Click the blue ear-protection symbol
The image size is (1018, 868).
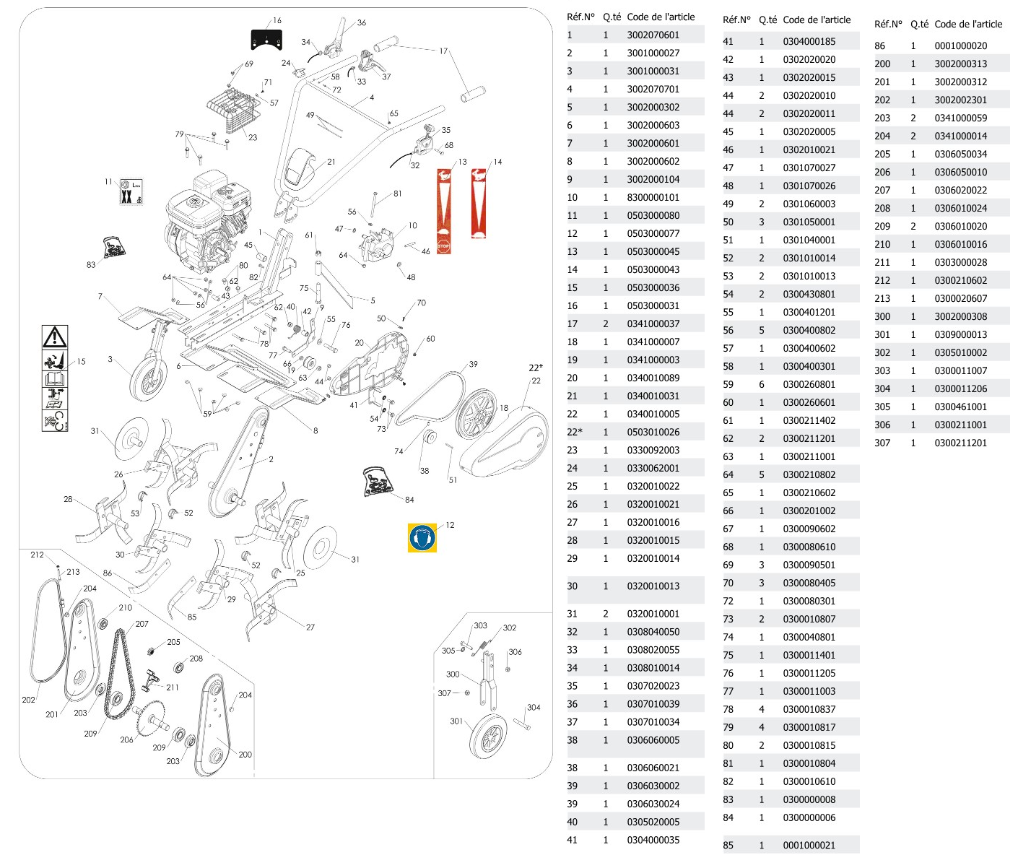pos(422,538)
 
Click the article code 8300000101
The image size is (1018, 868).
pos(653,197)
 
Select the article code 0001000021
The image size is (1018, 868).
pos(809,845)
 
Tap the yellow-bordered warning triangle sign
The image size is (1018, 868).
pos(55,337)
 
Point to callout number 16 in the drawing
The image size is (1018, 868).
pos(277,21)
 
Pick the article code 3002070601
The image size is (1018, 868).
pos(653,35)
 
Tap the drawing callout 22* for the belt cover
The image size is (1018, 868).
pos(535,368)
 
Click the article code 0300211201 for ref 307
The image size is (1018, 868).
pos(960,443)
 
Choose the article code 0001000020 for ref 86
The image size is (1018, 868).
pos(960,45)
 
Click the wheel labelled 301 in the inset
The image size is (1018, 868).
pos(489,737)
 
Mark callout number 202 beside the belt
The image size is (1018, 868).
pos(28,700)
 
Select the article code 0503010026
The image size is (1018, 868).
pos(653,432)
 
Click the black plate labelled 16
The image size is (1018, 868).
pos(266,39)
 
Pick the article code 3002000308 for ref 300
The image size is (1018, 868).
pos(960,316)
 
